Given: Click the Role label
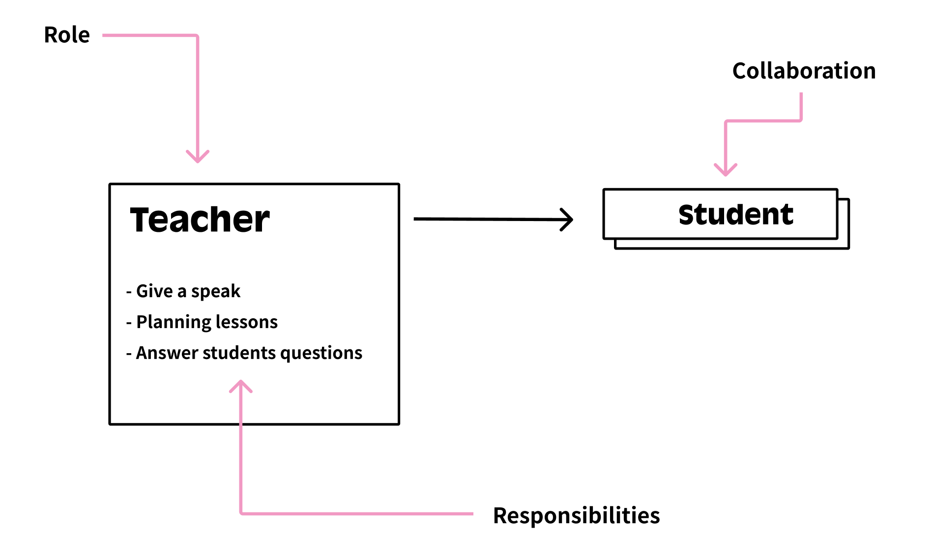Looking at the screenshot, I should pos(67,35).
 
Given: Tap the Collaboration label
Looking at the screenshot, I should pos(804,71).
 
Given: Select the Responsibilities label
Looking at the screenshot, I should pos(576,515).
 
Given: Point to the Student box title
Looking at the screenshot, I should pos(735,215).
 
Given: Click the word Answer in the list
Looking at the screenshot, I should pos(167,353).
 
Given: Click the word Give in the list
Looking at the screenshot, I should pos(154,291).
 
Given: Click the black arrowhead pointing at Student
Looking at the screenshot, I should pos(568,220).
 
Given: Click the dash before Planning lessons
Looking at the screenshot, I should pos(129,323).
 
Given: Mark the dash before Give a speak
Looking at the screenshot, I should pos(129,292).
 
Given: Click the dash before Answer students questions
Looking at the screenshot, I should pos(129,354).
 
